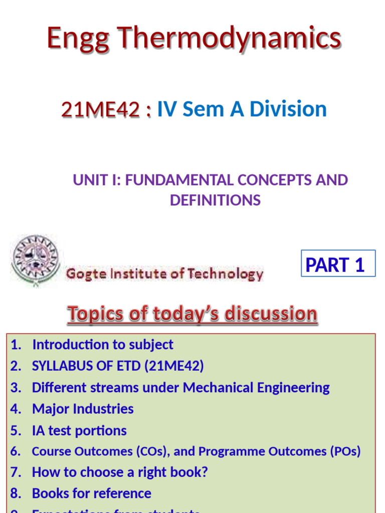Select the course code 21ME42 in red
pos(100,109)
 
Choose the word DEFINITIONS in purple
pos(215,200)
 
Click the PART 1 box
pos(338,264)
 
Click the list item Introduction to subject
pos(102,345)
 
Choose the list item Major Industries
pos(83,409)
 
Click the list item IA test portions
pos(79,430)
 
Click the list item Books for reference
pos(91,493)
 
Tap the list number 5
pos(15,430)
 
